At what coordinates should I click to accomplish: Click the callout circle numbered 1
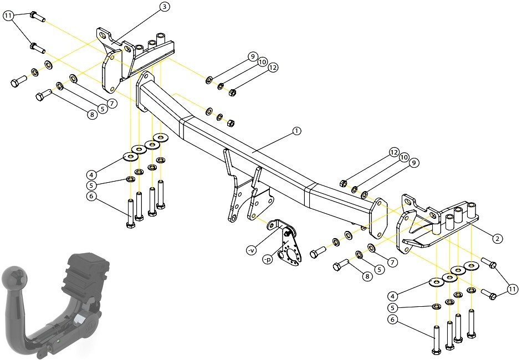click(x=296, y=131)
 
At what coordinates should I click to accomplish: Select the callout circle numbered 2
click(x=498, y=239)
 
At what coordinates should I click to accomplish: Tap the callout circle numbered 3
click(x=165, y=7)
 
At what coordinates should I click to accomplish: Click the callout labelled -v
click(x=252, y=250)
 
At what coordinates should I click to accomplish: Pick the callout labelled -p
click(x=268, y=260)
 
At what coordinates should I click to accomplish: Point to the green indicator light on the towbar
click(x=59, y=341)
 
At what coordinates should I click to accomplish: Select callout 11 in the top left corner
click(x=8, y=16)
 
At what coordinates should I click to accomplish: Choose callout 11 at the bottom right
click(x=512, y=289)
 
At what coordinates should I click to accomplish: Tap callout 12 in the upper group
click(x=272, y=68)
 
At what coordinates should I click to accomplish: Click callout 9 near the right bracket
click(x=414, y=163)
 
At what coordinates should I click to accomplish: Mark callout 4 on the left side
click(x=91, y=174)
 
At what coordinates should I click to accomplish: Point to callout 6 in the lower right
click(x=392, y=320)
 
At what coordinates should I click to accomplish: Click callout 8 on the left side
click(x=91, y=115)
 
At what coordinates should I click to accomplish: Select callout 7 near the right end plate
click(x=392, y=263)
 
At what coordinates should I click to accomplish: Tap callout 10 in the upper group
click(x=262, y=62)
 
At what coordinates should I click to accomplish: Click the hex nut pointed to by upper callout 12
click(x=233, y=92)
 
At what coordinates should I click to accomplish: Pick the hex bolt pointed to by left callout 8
click(x=44, y=95)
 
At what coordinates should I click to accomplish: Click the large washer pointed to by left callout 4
click(x=131, y=156)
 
